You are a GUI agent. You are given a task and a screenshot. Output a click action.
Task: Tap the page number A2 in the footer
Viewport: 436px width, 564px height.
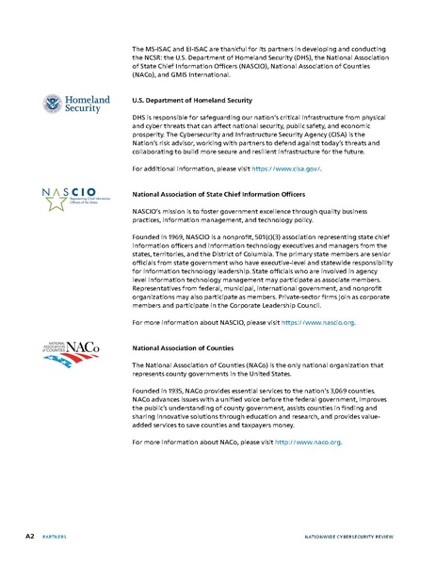click(x=31, y=535)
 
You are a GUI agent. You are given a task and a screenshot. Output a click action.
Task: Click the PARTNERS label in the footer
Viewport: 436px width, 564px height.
click(x=60, y=536)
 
